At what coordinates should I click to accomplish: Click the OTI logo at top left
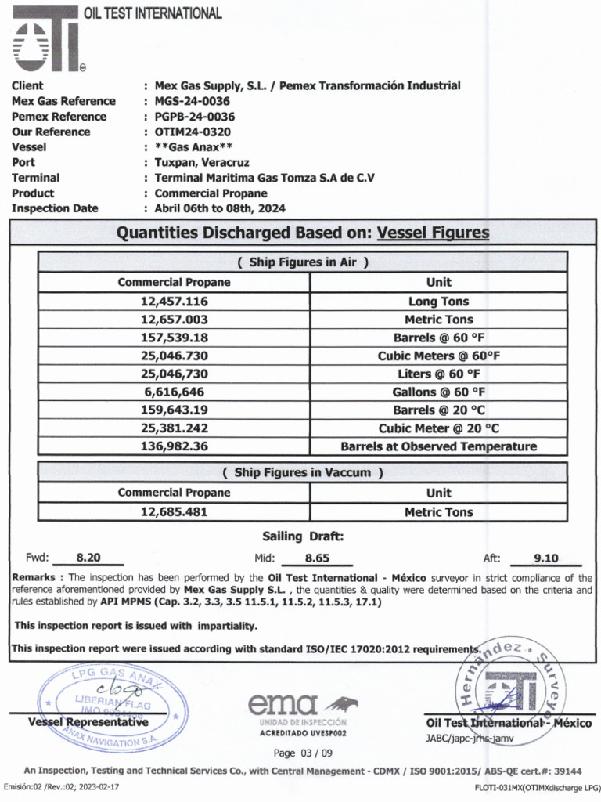tap(47, 41)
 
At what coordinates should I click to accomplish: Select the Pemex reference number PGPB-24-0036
tap(194, 117)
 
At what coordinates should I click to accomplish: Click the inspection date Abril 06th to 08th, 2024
tap(220, 208)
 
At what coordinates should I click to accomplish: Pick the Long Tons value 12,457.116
tap(174, 302)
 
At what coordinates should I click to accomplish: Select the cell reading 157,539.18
tap(174, 338)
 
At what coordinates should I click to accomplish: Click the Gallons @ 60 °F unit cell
tap(438, 392)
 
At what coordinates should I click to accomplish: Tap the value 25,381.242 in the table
tap(174, 428)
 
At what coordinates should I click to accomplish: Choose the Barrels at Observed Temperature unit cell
tap(438, 446)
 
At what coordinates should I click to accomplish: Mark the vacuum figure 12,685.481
tap(174, 512)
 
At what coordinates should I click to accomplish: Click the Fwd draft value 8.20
tap(88, 558)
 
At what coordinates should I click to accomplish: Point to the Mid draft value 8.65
tap(317, 558)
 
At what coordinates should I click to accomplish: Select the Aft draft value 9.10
tap(545, 558)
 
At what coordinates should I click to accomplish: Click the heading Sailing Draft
tap(302, 536)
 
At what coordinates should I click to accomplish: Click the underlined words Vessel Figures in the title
tap(433, 233)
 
